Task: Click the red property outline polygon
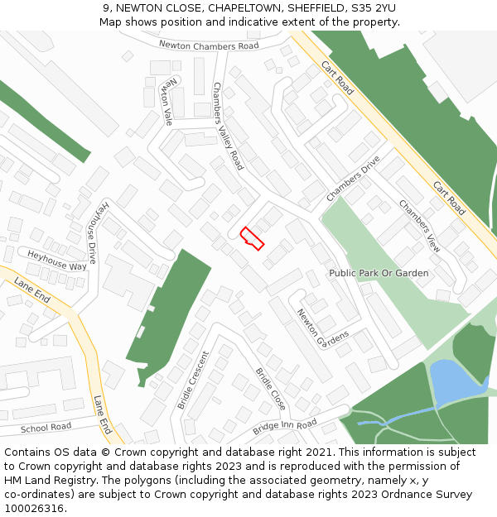pyautogui.click(x=252, y=238)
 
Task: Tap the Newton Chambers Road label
pyautogui.click(x=209, y=45)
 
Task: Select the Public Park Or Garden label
pyautogui.click(x=379, y=273)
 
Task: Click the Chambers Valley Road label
pyautogui.click(x=228, y=126)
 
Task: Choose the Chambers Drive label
pyautogui.click(x=353, y=178)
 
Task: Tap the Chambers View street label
pyautogui.click(x=420, y=226)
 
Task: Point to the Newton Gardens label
pyautogui.click(x=322, y=328)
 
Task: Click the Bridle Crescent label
pyautogui.click(x=193, y=380)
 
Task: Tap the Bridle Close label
pyautogui.click(x=271, y=389)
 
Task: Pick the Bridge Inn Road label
pyautogui.click(x=285, y=427)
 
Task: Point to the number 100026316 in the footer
pyautogui.click(x=36, y=509)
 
